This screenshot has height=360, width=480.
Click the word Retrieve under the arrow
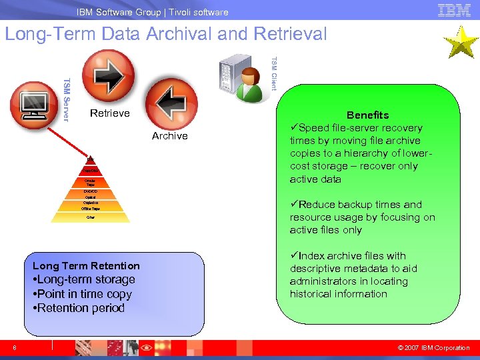[x=110, y=113]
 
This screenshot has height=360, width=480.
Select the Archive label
[x=169, y=136]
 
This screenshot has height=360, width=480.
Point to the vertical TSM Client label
[x=273, y=73]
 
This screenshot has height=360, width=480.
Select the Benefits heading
[x=367, y=115]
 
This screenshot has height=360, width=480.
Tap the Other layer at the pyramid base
[x=90, y=217]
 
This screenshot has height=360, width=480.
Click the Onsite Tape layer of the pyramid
[x=90, y=182]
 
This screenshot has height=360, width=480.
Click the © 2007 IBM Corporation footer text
[x=433, y=347]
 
